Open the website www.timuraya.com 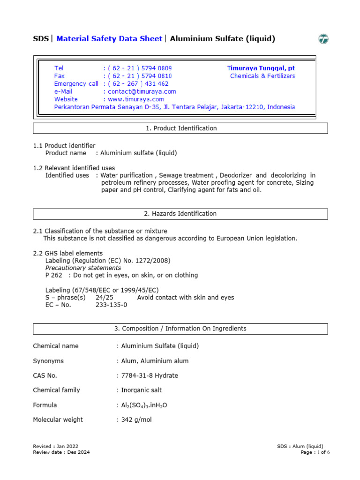click(x=135, y=99)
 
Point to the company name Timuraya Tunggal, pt click(x=261, y=68)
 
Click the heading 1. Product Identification click(x=180, y=128)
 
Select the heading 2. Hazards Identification click(x=180, y=214)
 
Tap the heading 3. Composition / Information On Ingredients click(x=180, y=329)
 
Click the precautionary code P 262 click(x=53, y=275)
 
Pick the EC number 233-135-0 click(x=111, y=305)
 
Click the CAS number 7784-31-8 click(x=136, y=375)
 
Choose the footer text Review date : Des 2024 click(x=61, y=452)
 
